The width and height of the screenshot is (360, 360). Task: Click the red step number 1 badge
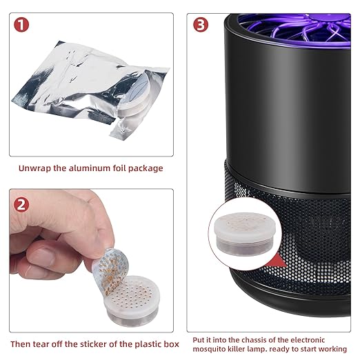pos(21,25)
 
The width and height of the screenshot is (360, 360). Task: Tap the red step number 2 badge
pos(21,205)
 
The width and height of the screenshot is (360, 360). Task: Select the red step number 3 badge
pos(201,25)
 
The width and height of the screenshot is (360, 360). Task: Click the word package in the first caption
pos(146,168)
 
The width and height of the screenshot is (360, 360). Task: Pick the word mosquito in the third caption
pos(208,349)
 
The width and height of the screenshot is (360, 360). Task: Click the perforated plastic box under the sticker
pos(132,301)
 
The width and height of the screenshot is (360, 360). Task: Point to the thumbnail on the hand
pos(42,257)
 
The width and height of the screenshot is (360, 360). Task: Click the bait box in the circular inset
pos(245,234)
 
